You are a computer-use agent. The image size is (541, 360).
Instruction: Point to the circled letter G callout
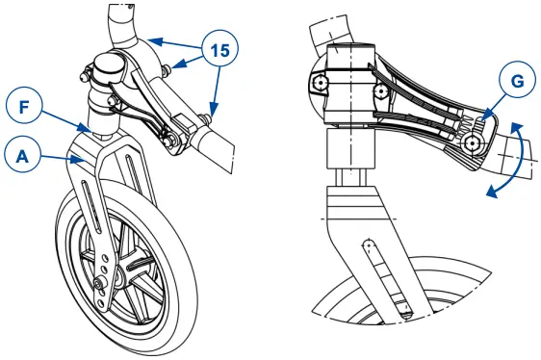coord(518,83)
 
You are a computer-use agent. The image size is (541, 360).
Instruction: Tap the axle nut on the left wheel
coord(100,283)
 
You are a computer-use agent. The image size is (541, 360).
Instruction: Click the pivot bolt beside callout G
coord(473,142)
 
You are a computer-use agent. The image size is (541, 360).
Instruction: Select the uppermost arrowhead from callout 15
coord(150,39)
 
